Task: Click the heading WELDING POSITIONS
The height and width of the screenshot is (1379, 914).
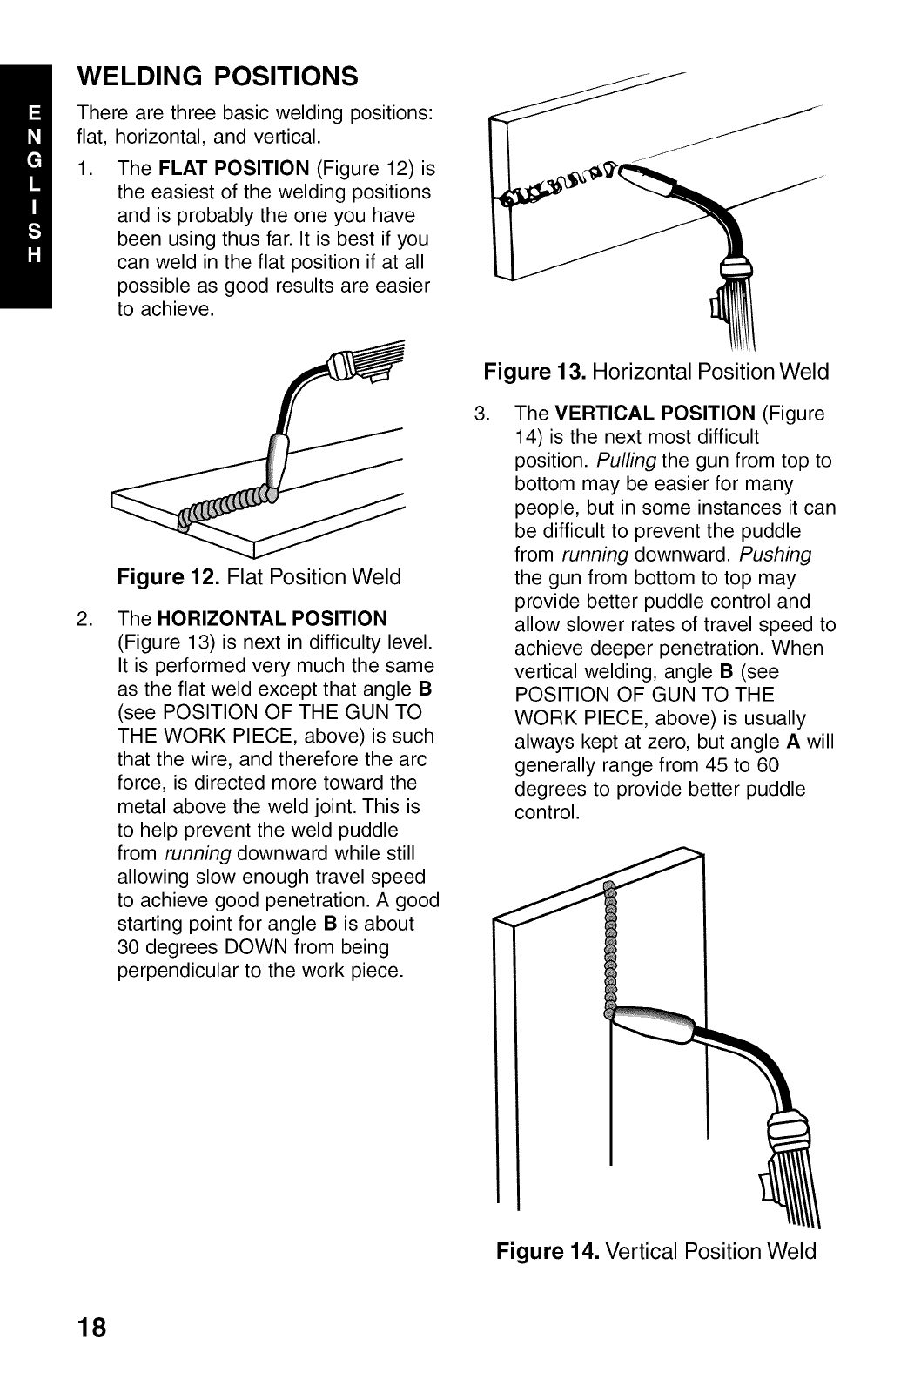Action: [x=218, y=76]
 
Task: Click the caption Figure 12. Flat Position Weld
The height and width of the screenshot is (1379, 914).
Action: [x=259, y=576]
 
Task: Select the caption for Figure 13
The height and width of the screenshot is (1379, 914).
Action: [x=656, y=373]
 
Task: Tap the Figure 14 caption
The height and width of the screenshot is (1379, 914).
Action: [x=656, y=1252]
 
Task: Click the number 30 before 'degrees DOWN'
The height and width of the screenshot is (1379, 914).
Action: [x=130, y=947]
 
